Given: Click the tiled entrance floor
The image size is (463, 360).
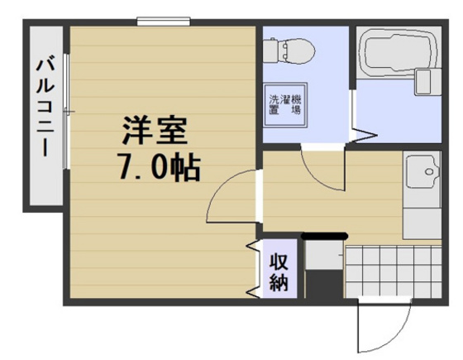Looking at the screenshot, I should point(389,273).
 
